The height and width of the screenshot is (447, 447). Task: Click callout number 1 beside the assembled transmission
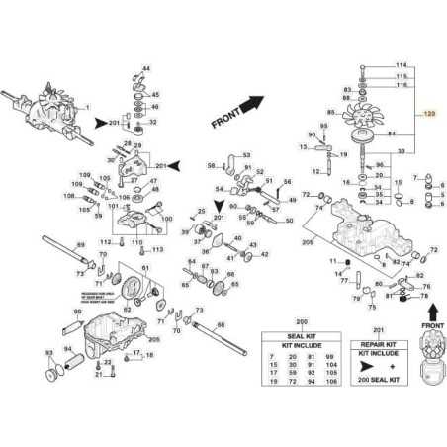(x=87, y=106)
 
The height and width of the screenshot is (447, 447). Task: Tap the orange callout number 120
(x=429, y=115)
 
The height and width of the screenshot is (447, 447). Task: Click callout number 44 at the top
(x=146, y=67)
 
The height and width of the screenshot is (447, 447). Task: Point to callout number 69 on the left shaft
(x=81, y=243)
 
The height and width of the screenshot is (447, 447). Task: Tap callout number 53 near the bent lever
(x=246, y=155)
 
